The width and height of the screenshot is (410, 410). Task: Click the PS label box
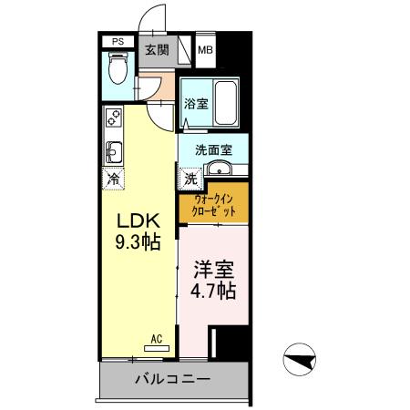(x=117, y=42)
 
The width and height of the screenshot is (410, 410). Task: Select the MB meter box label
(x=206, y=50)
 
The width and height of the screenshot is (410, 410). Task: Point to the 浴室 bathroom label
(x=195, y=104)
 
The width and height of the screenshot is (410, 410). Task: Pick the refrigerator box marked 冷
(x=114, y=179)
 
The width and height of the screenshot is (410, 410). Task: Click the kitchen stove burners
(x=114, y=118)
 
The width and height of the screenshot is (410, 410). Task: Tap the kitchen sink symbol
(x=114, y=149)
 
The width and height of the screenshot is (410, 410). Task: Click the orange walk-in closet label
(x=214, y=206)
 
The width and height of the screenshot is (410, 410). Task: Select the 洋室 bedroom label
(x=214, y=271)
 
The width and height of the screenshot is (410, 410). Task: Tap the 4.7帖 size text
(x=214, y=292)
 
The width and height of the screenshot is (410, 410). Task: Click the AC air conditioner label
(x=156, y=339)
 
